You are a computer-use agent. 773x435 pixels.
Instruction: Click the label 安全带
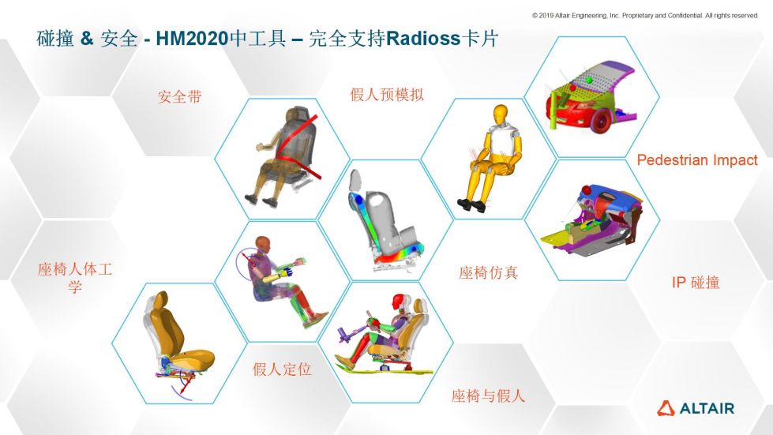coord(179,96)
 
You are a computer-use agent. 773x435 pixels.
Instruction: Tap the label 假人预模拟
coord(387,94)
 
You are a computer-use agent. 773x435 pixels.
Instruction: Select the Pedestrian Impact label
coord(697,160)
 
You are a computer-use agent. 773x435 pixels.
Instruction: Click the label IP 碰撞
coord(696,283)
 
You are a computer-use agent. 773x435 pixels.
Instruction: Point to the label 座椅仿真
coord(488,272)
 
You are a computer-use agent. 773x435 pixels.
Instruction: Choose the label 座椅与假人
coord(488,396)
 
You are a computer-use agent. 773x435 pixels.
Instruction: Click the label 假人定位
coord(282,369)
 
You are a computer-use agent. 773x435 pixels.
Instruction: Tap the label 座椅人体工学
coord(75,277)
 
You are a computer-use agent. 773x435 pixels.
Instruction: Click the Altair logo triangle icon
coord(666,408)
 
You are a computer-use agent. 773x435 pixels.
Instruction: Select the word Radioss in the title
coord(423,39)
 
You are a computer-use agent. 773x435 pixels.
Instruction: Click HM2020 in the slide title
coord(193,39)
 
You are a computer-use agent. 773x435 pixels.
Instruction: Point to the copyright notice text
coord(645,15)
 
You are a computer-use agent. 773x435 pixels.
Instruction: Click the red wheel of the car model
coord(600,122)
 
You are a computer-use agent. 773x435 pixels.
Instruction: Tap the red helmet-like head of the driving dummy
coord(400,302)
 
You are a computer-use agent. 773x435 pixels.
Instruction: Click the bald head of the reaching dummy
coord(263,244)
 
